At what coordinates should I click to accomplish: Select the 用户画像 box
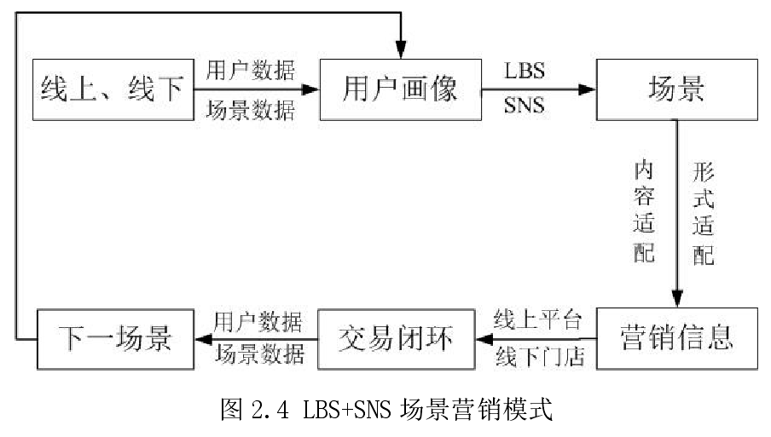400,89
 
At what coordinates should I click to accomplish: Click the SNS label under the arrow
525,107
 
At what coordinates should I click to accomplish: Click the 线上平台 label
538,321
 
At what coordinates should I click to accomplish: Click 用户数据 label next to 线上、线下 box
251,70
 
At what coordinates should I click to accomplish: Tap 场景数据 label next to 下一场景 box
258,357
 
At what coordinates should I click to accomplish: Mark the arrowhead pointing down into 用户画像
400,49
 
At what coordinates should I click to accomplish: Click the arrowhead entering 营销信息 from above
676,298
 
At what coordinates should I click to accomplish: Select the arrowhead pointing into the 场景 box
586,89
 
